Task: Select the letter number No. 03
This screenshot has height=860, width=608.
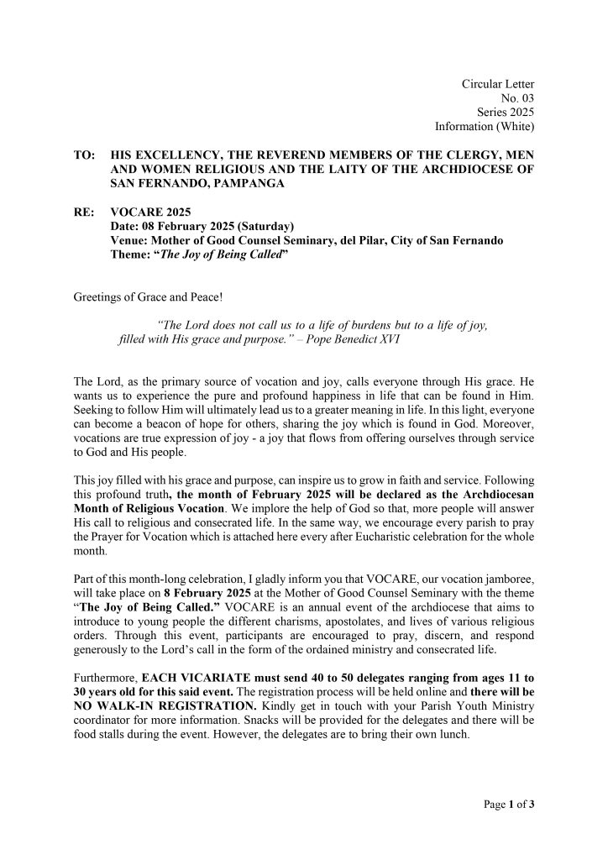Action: [x=517, y=97]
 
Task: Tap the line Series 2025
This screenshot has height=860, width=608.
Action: [x=506, y=112]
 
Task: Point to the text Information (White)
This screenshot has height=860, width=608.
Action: [x=485, y=126]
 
